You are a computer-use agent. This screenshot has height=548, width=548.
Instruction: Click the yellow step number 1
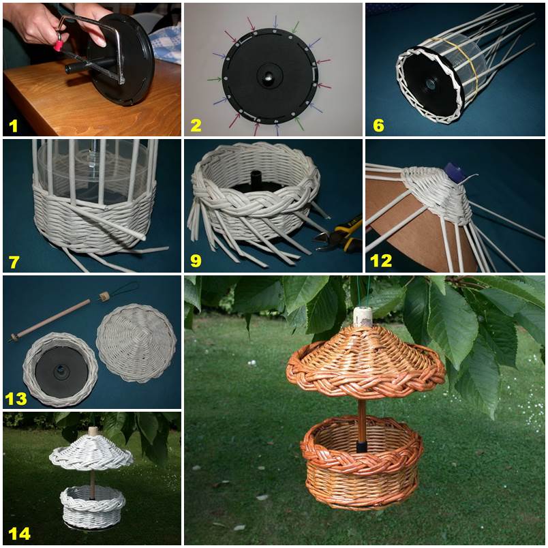coord(13,126)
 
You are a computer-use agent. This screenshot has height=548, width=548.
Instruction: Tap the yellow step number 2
coord(196,126)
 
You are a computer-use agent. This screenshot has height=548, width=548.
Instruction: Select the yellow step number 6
coord(378,126)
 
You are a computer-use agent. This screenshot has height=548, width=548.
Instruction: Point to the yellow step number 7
coord(14,262)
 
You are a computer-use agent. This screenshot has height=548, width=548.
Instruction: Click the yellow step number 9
coord(196,261)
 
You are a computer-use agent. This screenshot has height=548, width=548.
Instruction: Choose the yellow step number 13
coord(16,399)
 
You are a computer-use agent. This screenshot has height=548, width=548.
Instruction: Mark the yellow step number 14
coord(19,534)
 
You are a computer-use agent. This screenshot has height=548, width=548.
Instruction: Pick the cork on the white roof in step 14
coord(93,431)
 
